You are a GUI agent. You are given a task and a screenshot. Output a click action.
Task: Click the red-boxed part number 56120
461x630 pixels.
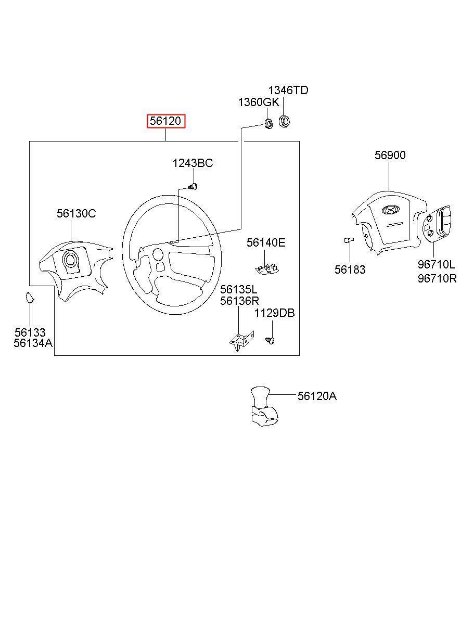165,121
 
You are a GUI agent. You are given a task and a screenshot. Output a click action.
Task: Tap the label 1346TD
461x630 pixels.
288,90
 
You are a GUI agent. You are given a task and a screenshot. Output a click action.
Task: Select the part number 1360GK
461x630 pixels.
258,102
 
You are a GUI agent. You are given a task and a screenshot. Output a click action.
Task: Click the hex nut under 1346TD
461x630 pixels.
284,122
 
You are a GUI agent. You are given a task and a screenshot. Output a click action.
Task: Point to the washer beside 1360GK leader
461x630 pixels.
268,124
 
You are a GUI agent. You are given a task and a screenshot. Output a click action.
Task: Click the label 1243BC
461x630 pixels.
193,163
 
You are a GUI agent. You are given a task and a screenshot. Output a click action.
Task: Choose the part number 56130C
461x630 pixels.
76,213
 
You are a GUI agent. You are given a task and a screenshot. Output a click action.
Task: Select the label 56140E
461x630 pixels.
266,242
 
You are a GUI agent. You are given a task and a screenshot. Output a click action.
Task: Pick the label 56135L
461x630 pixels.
238,289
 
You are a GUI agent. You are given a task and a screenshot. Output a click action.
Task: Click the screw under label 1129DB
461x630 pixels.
271,340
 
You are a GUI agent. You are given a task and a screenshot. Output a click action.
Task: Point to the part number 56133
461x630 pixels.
30,332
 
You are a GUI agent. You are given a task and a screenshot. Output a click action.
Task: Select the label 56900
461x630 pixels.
390,155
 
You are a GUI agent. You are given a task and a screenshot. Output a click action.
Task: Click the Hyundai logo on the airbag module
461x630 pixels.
389,210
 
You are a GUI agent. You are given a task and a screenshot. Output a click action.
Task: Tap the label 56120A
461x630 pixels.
317,396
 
